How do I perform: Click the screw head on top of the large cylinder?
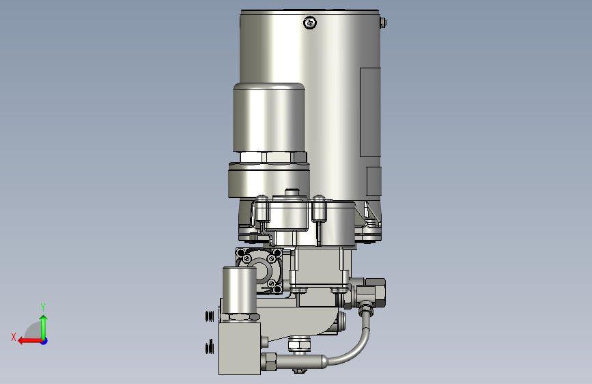pos(310,23)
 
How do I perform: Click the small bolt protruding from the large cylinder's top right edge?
pos(384,23)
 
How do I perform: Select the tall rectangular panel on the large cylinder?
pos(370,112)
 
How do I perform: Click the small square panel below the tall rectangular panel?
pos(373,182)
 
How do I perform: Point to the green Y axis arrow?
pos(44,327)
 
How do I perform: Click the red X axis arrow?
pos(30,341)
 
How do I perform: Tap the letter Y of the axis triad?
pos(43,307)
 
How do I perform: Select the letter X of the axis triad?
pos(14,337)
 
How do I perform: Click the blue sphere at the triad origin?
pos(44,341)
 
